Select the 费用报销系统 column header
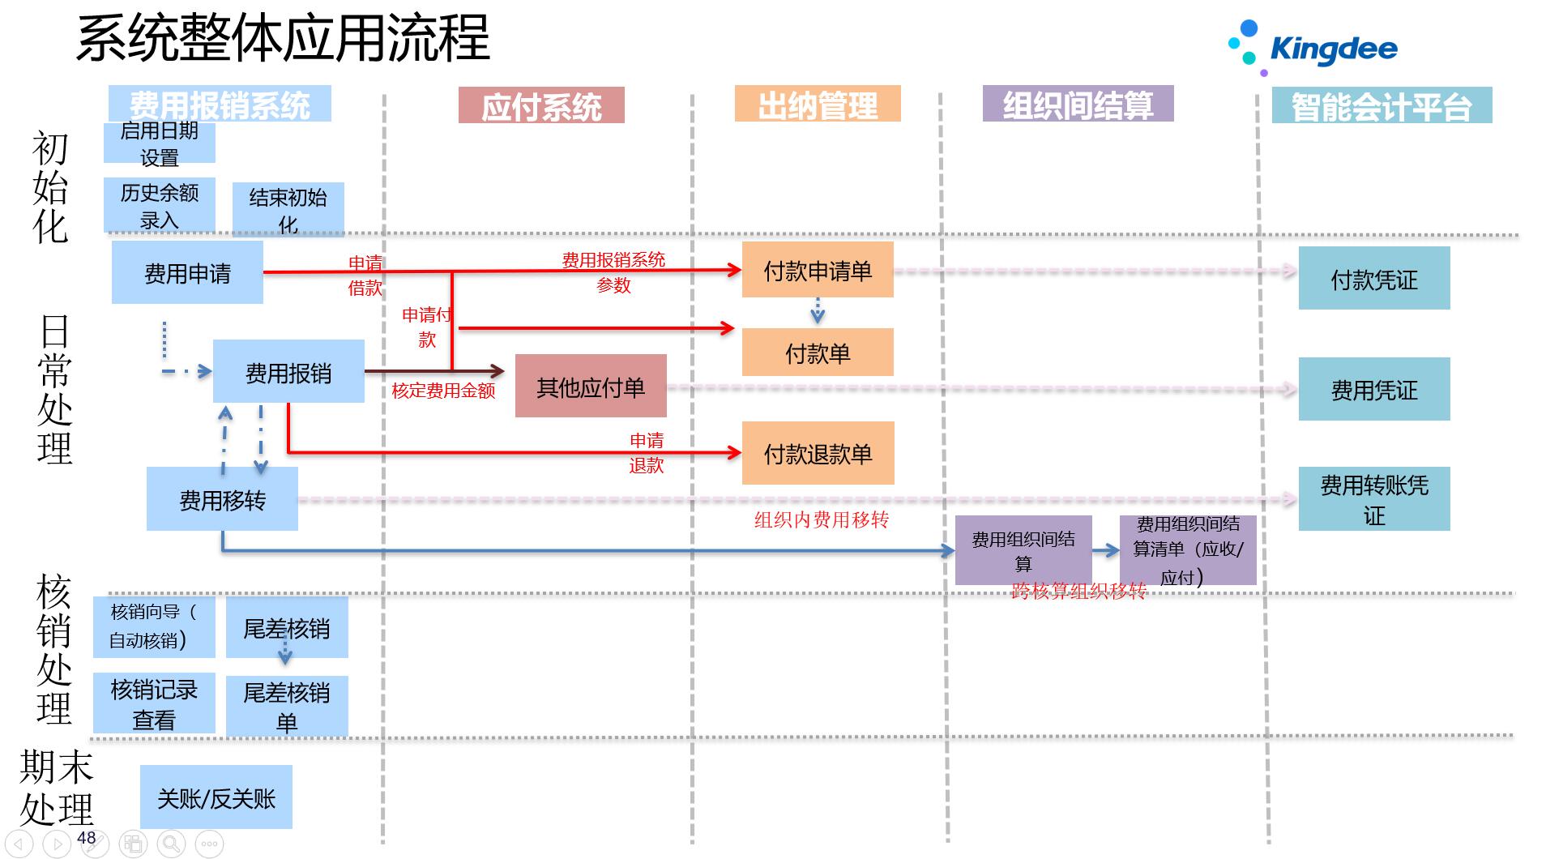[x=220, y=105]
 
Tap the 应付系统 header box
[x=541, y=106]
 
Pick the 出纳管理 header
[x=818, y=105]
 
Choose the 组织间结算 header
[x=1078, y=105]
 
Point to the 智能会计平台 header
[x=1382, y=106]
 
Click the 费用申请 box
[x=187, y=273]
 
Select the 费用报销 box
[x=288, y=373]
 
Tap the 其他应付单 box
[x=591, y=387]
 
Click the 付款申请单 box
[x=818, y=271]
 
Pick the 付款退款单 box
[x=818, y=454]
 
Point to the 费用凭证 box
[x=1374, y=390]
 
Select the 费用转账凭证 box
[x=1374, y=499]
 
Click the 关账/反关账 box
[x=216, y=798]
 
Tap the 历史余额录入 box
[x=160, y=206]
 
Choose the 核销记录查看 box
[x=154, y=703]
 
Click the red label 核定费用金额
[x=443, y=391]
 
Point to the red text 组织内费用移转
[x=822, y=519]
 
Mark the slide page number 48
[x=87, y=838]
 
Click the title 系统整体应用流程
[x=284, y=39]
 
